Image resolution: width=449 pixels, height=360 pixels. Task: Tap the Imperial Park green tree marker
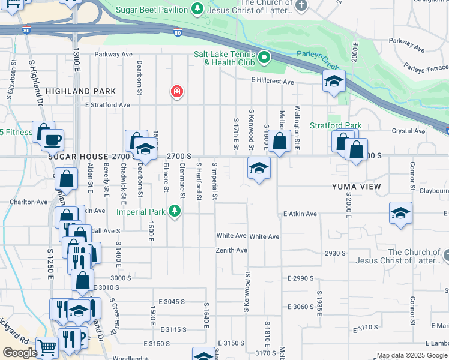tap(175, 211)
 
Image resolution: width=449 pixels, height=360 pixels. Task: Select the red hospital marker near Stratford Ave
tap(177, 92)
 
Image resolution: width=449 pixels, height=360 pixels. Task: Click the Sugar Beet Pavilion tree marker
tap(197, 8)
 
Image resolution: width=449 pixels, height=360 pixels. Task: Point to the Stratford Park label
tap(335, 125)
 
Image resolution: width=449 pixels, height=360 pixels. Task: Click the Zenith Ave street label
tap(232, 250)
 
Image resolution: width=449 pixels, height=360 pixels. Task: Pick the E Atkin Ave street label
tap(300, 214)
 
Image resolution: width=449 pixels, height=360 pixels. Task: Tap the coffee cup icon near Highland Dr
tap(53, 140)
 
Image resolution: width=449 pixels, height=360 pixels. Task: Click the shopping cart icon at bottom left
tap(47, 346)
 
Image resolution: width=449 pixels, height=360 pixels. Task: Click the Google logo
tap(20, 353)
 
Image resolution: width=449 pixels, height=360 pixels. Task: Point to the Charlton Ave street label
tap(28, 202)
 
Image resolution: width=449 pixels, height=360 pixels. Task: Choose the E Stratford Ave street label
tap(107, 105)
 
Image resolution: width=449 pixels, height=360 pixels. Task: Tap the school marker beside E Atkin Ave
tap(400, 214)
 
